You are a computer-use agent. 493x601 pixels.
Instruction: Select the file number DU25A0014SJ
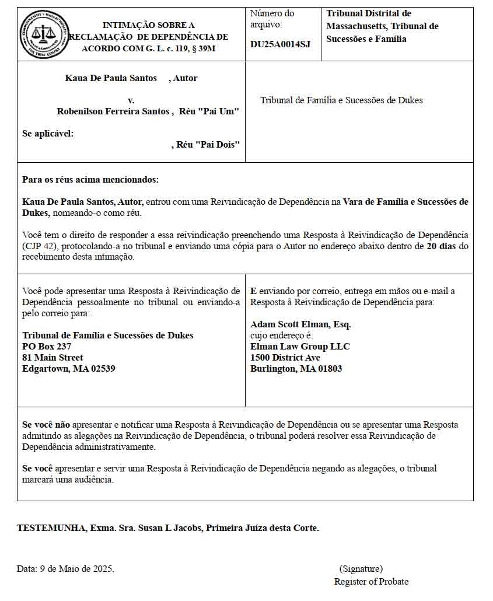pos(280,44)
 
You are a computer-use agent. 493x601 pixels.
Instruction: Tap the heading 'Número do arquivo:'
pos(272,19)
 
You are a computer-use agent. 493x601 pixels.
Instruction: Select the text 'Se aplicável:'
pos(48,134)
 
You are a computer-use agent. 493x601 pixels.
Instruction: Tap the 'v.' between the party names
pos(131,100)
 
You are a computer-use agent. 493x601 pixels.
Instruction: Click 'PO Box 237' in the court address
pos(47,347)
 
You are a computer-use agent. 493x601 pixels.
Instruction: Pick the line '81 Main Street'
pos(53,358)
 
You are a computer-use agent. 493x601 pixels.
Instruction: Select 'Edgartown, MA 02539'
pos(68,369)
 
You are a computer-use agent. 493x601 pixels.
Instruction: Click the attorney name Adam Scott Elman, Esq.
pos(300,324)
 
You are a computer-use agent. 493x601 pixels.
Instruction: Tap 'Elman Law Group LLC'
pos(300,347)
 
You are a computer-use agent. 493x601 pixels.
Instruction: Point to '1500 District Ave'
pos(285,358)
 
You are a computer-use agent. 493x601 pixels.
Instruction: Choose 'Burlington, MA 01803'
pos(296,369)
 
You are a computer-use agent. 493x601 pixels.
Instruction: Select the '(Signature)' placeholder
pos(361,568)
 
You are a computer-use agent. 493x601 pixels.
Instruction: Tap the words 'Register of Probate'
pos(371,582)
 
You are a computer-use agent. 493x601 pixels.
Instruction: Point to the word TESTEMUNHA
pos(51,528)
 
